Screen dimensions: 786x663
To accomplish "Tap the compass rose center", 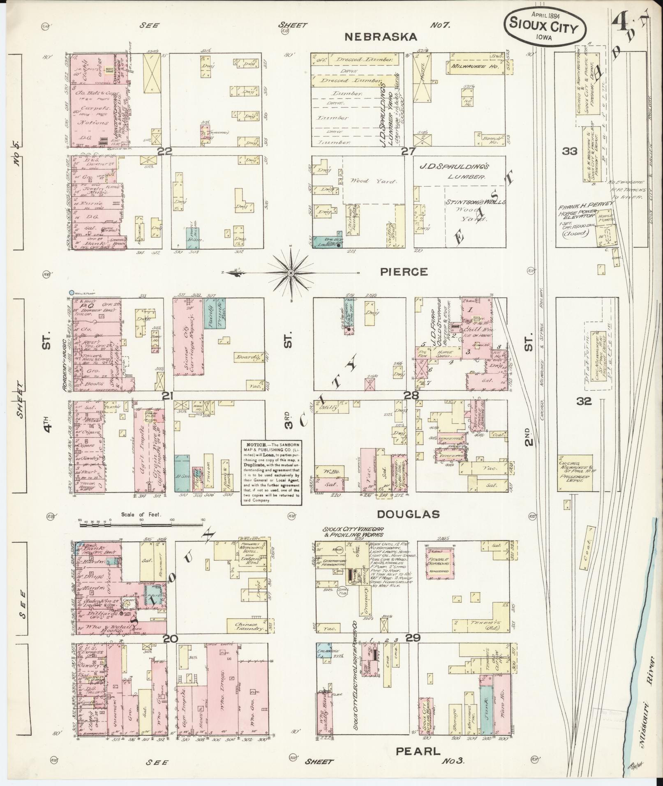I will (291, 273).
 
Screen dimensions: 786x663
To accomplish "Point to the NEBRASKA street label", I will (381, 37).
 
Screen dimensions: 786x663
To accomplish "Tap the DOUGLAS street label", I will (409, 514).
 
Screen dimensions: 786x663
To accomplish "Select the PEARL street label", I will (418, 751).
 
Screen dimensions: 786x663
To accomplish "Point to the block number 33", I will (570, 151).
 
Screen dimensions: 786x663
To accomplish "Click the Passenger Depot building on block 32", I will (575, 473).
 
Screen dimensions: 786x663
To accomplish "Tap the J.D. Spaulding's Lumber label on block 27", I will (453, 172).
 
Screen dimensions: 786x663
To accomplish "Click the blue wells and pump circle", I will (72, 293).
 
